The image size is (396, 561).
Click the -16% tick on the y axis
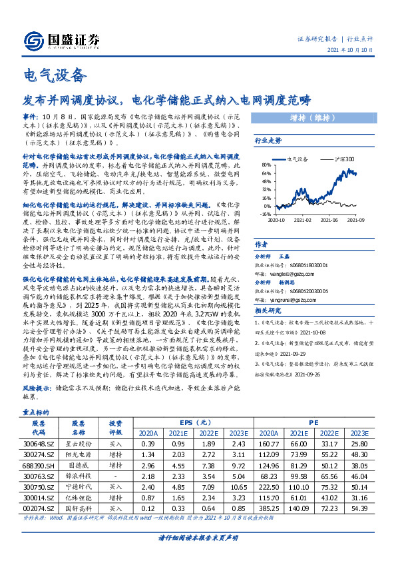point(264,213)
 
